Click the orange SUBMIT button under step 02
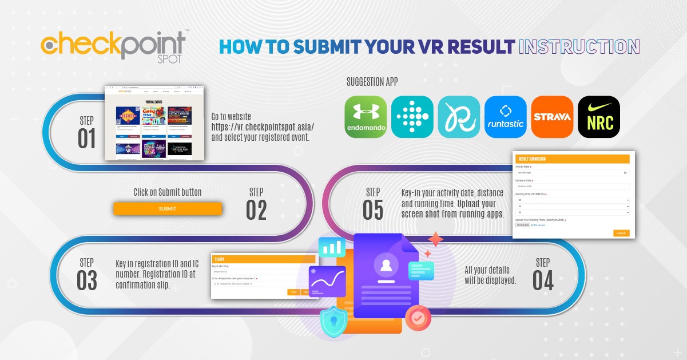pos(167,209)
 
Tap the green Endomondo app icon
pos(366,117)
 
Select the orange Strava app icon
pos(552,117)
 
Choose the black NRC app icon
pos(598,117)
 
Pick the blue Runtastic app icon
pos(506,117)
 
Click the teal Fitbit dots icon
pos(412,117)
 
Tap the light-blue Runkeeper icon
pos(459,117)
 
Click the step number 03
pos(87,280)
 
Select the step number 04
pos(543,280)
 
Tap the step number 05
pos(373,210)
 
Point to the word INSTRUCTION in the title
pos(578,47)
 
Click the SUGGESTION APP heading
pos(372,82)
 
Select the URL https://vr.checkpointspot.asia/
pos(263,126)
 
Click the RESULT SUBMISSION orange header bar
pos(572,159)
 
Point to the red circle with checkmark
pos(418,318)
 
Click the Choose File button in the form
pos(522,225)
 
